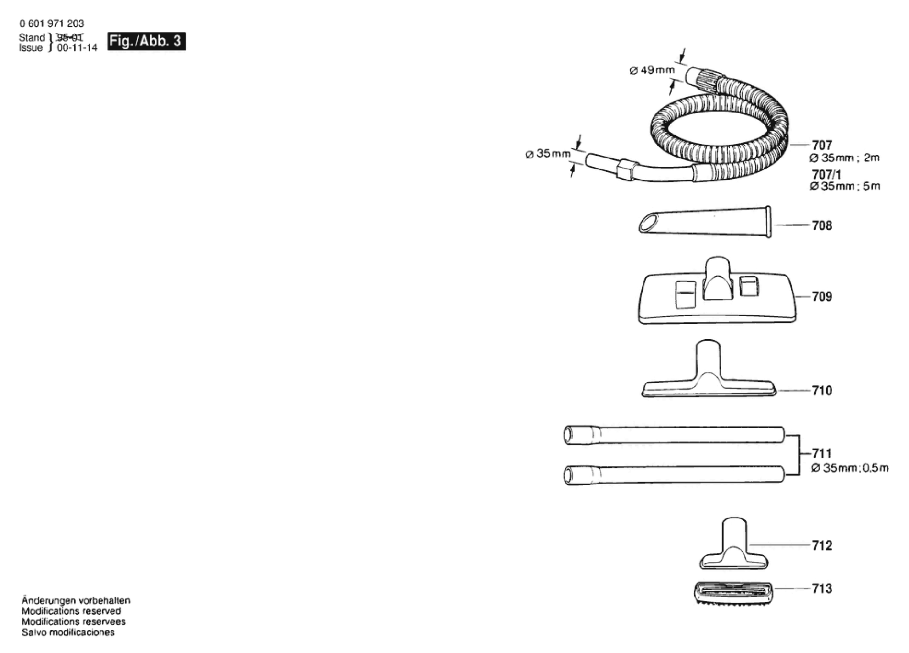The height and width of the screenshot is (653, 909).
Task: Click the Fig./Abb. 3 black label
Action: pos(146,41)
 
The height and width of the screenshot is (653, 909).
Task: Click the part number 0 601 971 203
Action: pos(52,23)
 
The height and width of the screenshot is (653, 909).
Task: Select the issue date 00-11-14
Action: pos(77,48)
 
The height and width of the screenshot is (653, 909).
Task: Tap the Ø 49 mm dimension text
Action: pos(652,70)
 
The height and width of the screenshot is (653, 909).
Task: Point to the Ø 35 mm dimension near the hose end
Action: pos(548,154)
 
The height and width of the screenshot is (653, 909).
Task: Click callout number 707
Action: pos(822,145)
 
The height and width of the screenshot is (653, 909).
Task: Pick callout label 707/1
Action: pos(826,175)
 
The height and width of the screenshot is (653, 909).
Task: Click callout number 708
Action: pos(822,225)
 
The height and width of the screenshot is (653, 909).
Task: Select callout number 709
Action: pos(822,297)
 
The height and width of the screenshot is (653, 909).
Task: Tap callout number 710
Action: pos(822,391)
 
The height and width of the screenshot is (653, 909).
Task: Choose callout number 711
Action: pos(822,453)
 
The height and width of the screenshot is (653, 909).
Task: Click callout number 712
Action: pos(822,546)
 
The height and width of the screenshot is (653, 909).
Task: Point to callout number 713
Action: pos(822,588)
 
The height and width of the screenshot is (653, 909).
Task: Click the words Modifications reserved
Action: pos(71,611)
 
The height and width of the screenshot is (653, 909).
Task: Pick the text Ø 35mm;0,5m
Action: pos(850,468)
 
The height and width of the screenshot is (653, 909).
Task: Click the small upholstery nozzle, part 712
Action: pos(733,546)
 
